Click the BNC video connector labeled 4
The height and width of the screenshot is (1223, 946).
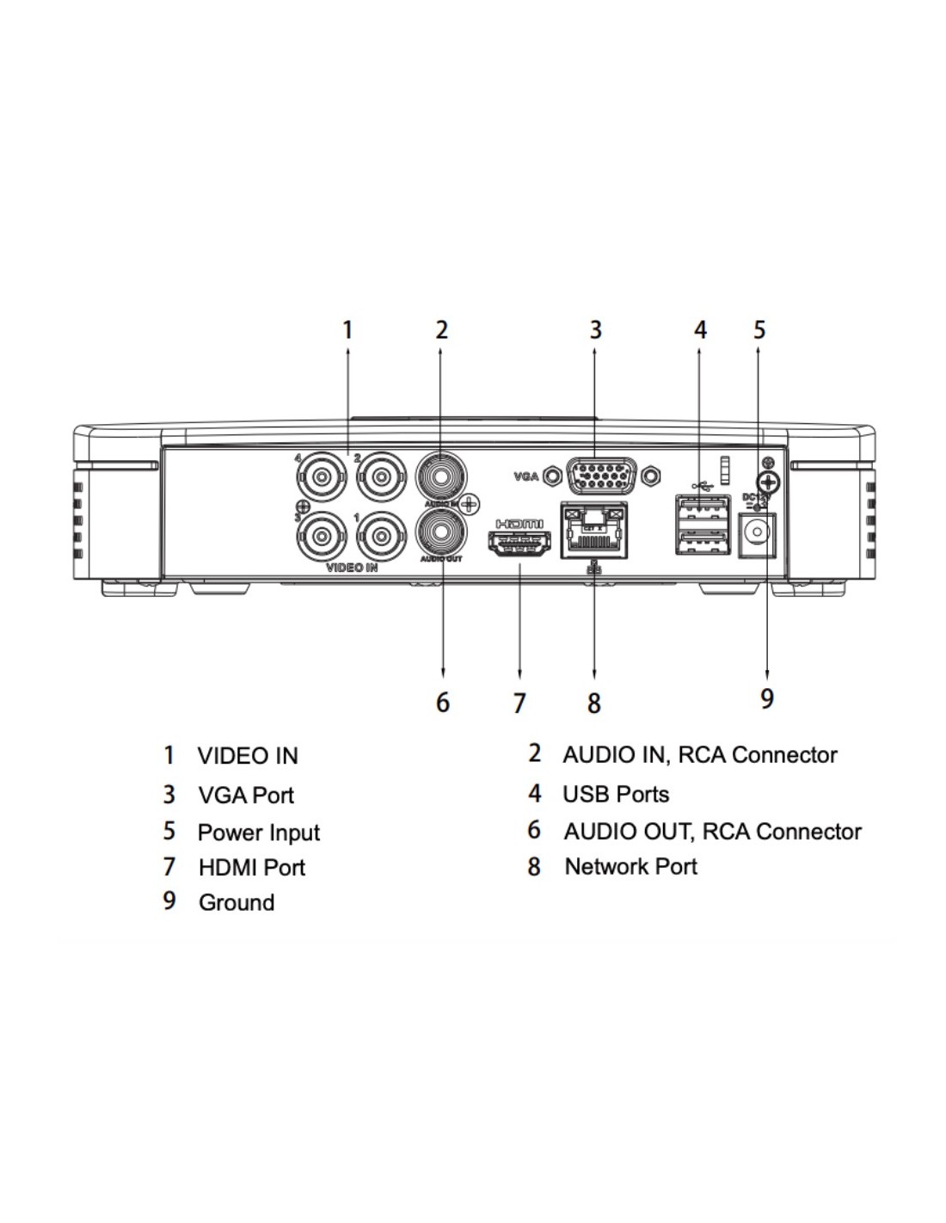[321, 475]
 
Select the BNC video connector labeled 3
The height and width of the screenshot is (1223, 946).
[321, 536]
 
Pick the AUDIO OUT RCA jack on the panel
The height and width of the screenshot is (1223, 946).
[441, 532]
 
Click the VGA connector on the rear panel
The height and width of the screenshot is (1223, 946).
[601, 475]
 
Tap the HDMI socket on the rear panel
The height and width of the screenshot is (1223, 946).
[519, 545]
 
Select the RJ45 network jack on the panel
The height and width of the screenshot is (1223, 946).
[594, 528]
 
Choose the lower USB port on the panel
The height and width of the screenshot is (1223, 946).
[702, 541]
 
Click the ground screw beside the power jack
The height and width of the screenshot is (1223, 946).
[768, 482]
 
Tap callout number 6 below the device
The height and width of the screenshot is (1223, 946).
[442, 702]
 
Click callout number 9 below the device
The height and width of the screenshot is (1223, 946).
[767, 698]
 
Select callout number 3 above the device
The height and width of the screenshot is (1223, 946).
[595, 329]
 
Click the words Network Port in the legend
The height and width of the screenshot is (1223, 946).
[630, 866]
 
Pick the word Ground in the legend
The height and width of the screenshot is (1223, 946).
[236, 902]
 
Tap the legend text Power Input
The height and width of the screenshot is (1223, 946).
[258, 833]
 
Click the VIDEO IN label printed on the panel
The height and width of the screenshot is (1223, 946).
[352, 568]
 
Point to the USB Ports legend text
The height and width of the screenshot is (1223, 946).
[616, 794]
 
